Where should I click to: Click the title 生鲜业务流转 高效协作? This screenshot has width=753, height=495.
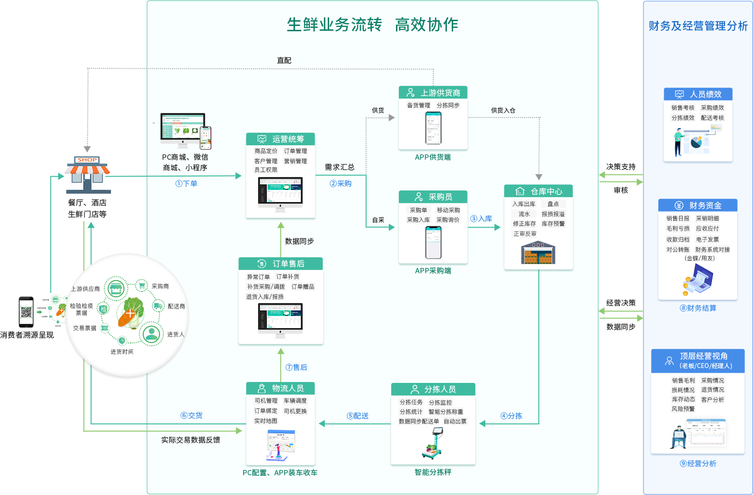point(372,25)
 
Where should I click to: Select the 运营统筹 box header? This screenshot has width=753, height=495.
point(281,139)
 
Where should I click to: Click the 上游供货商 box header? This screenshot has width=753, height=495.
point(433,92)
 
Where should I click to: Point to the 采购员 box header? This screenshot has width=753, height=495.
point(433,197)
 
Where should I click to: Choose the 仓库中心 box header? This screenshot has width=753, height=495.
point(538,191)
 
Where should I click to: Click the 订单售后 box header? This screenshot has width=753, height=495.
point(281,264)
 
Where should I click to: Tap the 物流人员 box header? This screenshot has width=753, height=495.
point(281,388)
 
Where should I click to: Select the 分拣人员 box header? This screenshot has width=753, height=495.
point(433,389)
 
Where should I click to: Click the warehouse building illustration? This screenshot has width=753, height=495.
point(538,253)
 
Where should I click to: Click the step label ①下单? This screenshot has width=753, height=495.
point(186,183)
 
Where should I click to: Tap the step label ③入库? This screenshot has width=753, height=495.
point(481,218)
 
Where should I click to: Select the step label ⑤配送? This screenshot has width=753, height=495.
point(358,416)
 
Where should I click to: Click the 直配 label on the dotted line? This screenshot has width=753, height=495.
point(284,60)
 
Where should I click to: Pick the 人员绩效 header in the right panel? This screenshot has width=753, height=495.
point(698,94)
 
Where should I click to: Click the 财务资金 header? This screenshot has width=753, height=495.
point(698,205)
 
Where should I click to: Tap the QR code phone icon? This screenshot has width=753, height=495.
point(26,312)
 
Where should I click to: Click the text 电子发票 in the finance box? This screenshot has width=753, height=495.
point(707,239)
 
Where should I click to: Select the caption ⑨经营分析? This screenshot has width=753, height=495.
point(698,463)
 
